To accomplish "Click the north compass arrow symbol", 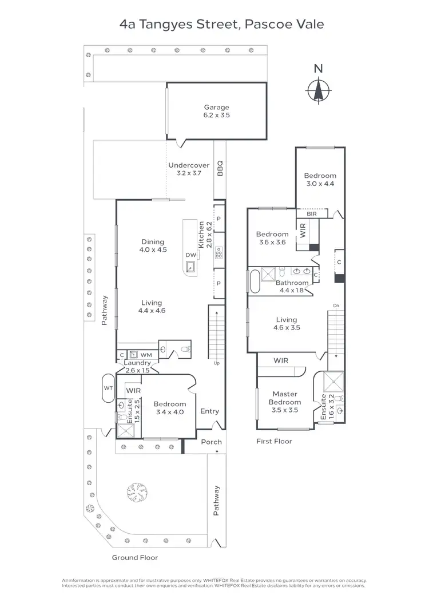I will [x=319, y=89].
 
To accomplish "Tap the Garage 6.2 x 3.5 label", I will [x=217, y=111].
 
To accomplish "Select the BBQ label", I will [x=220, y=168].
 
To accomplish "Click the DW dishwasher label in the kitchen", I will [x=190, y=256].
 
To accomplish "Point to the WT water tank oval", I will [x=108, y=387].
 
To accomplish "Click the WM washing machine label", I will [x=146, y=355].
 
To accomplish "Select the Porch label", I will [x=211, y=442].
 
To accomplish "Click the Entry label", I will [x=209, y=411].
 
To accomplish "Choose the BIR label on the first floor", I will [x=312, y=214].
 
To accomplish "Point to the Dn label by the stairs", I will [x=337, y=306].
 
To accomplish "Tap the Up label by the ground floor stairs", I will [x=216, y=363].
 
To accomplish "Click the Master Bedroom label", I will [x=284, y=398].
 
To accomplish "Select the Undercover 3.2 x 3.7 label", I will [x=189, y=169].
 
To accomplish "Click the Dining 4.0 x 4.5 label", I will [x=153, y=245].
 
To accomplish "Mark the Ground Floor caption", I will [x=135, y=557].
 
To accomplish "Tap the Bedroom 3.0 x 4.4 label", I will [x=320, y=180].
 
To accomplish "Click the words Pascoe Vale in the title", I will [x=284, y=25].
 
